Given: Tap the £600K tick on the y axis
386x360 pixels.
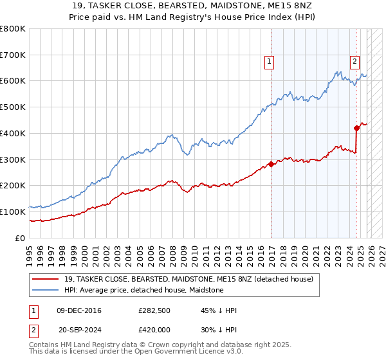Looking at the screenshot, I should coord(13,81).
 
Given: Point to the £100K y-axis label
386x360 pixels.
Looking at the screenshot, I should coord(13,212).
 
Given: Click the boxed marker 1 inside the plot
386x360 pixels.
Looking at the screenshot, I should coord(268,62).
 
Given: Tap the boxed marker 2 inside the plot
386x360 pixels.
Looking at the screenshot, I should coord(354,62).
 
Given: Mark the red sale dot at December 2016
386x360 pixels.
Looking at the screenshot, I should coord(271,164).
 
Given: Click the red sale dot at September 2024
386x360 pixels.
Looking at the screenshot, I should coord(356,128).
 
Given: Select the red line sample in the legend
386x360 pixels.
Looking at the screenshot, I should coord(45,279).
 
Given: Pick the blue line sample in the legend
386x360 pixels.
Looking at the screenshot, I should coord(45,291).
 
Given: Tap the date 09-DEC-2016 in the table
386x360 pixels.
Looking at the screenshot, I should coord(79,310).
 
